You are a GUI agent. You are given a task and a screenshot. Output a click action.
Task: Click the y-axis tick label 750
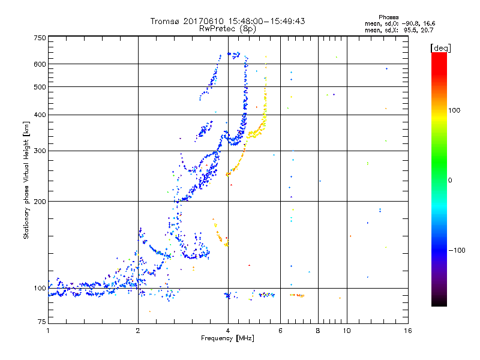[x=40, y=38]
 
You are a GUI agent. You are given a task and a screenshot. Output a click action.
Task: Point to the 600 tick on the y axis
[x=40, y=64]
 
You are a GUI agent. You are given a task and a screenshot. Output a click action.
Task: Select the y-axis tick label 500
[x=40, y=87]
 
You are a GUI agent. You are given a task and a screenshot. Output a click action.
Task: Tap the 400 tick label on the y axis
[x=40, y=115]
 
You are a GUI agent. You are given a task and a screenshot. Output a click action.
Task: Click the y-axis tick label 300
[x=40, y=151]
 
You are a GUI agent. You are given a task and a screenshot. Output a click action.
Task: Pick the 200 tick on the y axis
[x=40, y=202]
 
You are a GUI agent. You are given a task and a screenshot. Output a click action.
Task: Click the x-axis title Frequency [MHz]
[x=227, y=338]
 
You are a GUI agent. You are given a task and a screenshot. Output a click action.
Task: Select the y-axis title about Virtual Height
[x=26, y=180]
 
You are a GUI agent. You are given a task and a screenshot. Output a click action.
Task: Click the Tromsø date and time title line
[x=228, y=21]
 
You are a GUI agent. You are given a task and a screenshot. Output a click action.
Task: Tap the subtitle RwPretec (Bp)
[x=228, y=28]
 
